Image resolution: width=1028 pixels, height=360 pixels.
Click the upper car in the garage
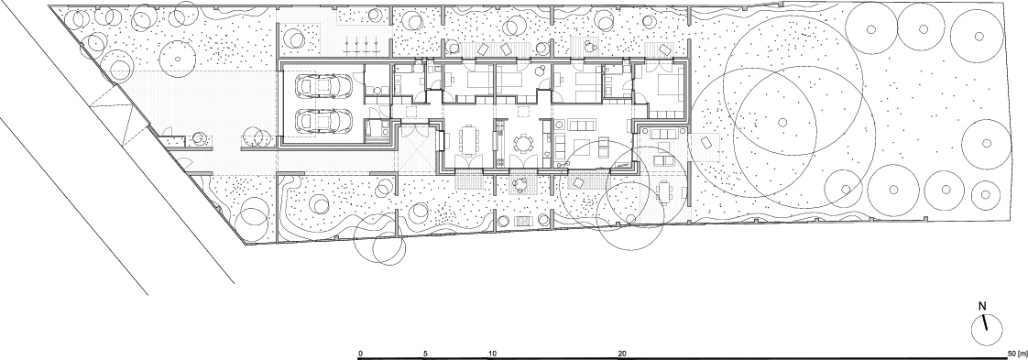click(323, 85)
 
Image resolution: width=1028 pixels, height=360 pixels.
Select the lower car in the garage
click(323, 120)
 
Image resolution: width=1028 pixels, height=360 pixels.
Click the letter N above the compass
click(982, 306)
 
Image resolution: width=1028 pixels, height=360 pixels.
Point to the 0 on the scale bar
click(361, 354)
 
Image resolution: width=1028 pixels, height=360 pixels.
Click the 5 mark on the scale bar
click(425, 354)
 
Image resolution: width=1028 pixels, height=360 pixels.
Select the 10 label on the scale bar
click(492, 354)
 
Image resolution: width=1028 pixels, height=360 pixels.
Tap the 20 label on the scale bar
click(622, 354)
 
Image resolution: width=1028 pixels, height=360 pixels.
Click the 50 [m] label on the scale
click(1015, 354)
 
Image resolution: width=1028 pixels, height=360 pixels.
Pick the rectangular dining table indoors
click(470, 139)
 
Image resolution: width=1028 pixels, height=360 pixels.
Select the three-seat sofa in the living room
click(582, 125)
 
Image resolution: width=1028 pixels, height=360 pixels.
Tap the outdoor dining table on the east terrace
click(663, 192)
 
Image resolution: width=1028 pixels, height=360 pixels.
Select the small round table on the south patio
click(520, 183)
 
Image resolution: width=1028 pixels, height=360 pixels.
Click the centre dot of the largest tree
click(782, 121)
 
